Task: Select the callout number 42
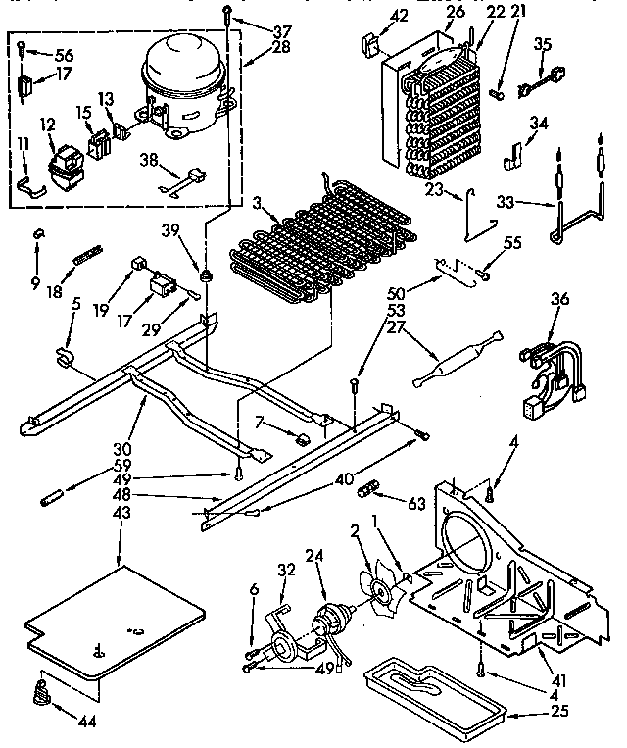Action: click(x=371, y=16)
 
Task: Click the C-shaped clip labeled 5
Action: click(x=65, y=355)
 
